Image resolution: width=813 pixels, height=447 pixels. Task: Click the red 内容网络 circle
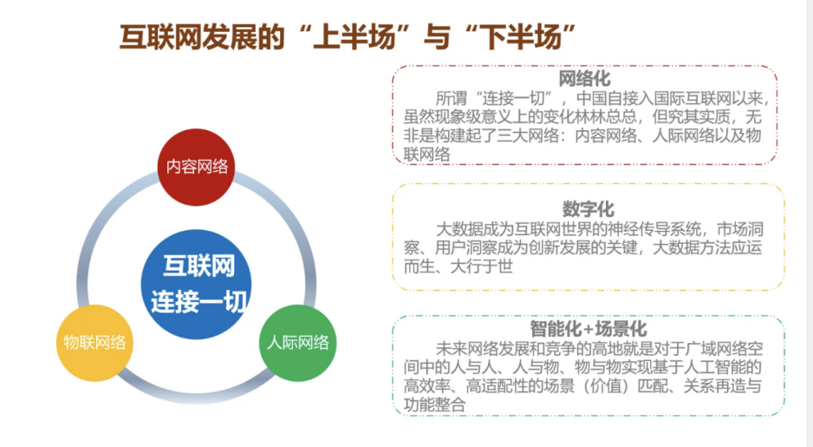196,168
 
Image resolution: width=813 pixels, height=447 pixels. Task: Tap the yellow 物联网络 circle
94,343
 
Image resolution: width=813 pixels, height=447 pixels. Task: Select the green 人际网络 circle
297,343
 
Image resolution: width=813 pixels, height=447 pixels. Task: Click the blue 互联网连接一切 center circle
196,284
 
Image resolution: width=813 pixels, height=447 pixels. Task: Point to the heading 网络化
584,79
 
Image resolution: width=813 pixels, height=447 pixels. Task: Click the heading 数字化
588,209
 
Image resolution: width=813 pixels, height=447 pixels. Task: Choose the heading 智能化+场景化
588,329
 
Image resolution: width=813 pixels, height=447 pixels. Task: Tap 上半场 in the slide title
355,37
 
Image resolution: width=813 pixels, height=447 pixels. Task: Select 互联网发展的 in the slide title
202,37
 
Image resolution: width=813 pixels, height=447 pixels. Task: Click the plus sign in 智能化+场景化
588,329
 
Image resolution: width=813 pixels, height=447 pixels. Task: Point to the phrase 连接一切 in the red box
513,98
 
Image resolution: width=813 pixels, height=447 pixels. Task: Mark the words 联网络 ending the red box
426,154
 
